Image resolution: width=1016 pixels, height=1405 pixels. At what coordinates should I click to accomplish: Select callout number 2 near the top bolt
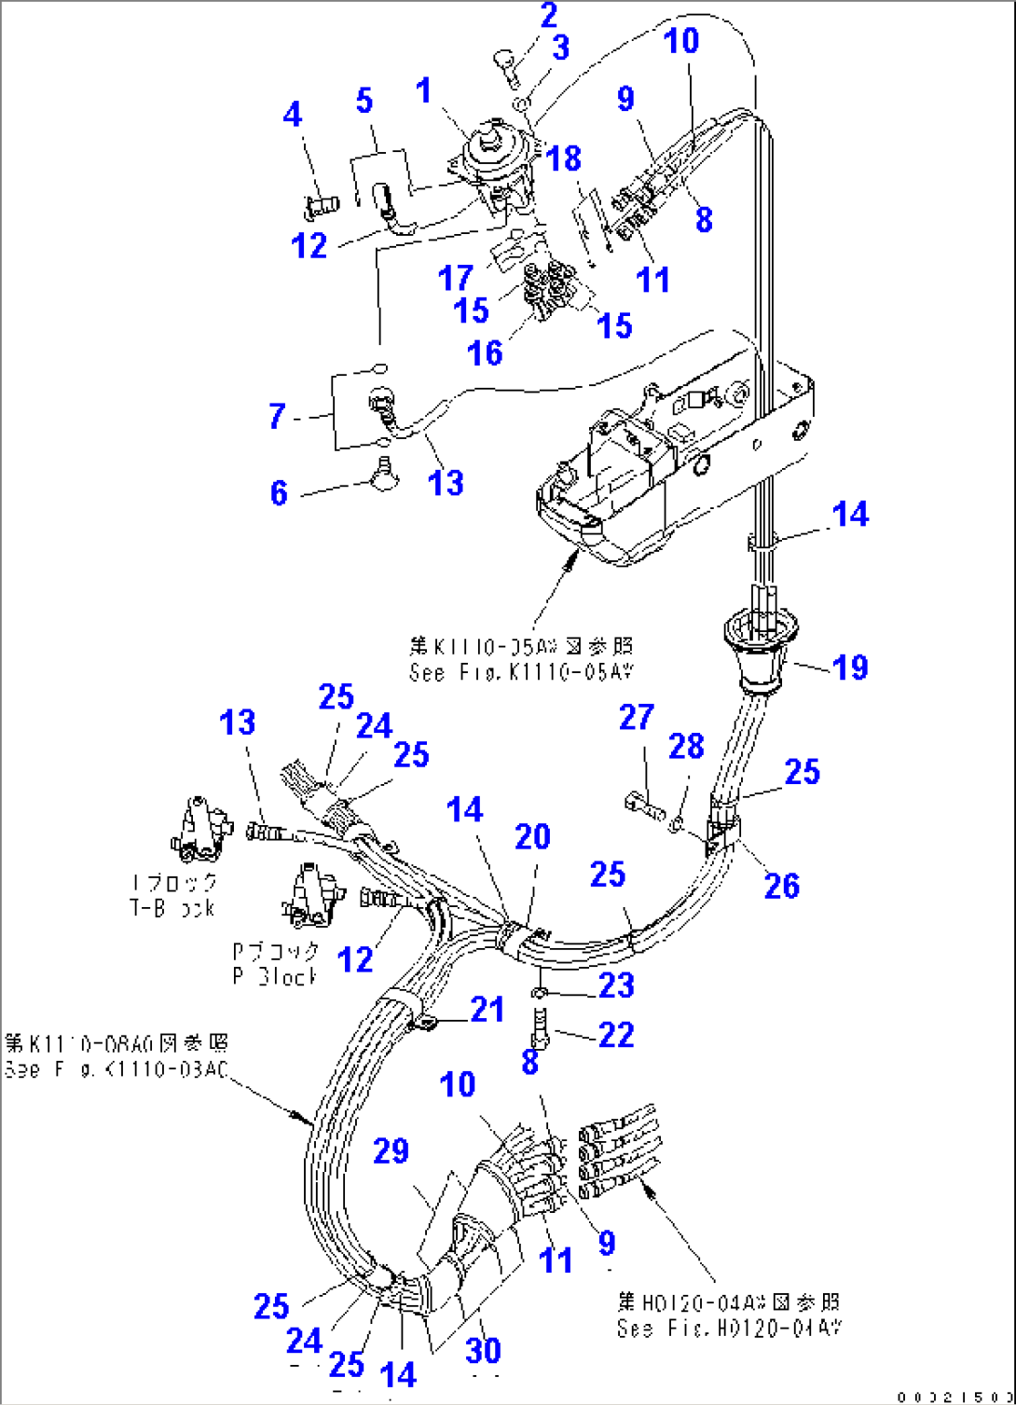tap(548, 16)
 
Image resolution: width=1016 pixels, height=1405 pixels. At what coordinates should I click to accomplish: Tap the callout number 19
tap(849, 668)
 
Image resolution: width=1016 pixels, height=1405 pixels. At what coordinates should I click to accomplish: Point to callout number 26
tap(781, 886)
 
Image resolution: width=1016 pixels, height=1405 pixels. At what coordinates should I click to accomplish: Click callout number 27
tap(637, 717)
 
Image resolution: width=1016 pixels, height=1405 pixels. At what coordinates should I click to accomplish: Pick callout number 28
tap(686, 746)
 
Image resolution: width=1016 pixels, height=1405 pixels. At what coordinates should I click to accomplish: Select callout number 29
tap(391, 1150)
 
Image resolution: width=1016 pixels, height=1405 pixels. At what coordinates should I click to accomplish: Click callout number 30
tap(484, 1350)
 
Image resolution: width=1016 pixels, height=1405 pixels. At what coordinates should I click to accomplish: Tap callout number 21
tap(487, 1009)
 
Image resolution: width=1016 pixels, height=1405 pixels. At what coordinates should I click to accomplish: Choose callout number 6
tap(279, 492)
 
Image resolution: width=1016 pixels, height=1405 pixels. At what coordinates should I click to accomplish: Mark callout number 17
tap(456, 277)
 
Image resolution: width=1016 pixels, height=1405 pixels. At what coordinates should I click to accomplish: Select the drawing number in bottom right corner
tap(954, 1396)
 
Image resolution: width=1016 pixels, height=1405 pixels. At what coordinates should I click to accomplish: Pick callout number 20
tap(532, 836)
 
